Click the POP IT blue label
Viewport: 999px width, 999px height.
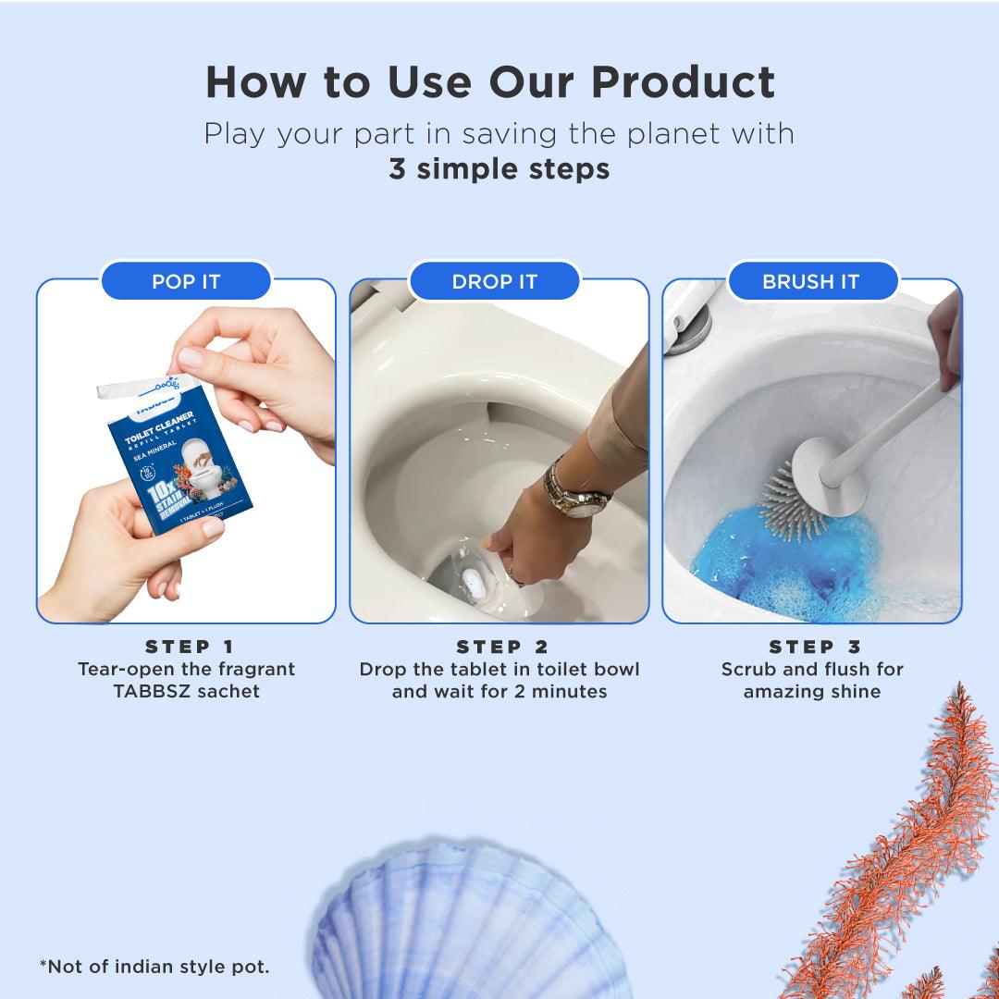point(186,281)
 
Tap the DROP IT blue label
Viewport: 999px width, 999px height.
point(494,281)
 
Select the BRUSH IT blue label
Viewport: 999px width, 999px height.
point(811,281)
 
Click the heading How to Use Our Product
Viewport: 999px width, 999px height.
point(490,82)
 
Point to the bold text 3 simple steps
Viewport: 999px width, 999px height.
point(499,169)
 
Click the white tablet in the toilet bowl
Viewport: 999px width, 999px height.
point(472,584)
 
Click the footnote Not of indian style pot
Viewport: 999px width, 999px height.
point(154,967)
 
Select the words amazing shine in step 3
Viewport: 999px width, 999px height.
point(811,691)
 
